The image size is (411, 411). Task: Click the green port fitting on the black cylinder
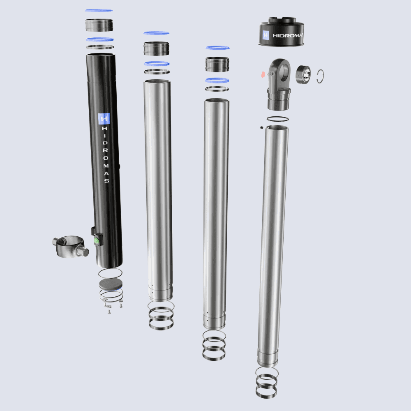coord(97,240)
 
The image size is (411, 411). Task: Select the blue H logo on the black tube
coord(104,119)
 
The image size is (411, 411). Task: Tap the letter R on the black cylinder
coord(105,150)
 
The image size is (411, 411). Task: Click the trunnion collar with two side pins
coord(70,246)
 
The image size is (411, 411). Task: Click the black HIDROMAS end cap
coord(281,32)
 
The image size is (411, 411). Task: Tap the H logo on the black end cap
coord(266,35)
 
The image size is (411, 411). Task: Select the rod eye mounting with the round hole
coord(279,84)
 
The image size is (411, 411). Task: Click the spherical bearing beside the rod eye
coord(304,75)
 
